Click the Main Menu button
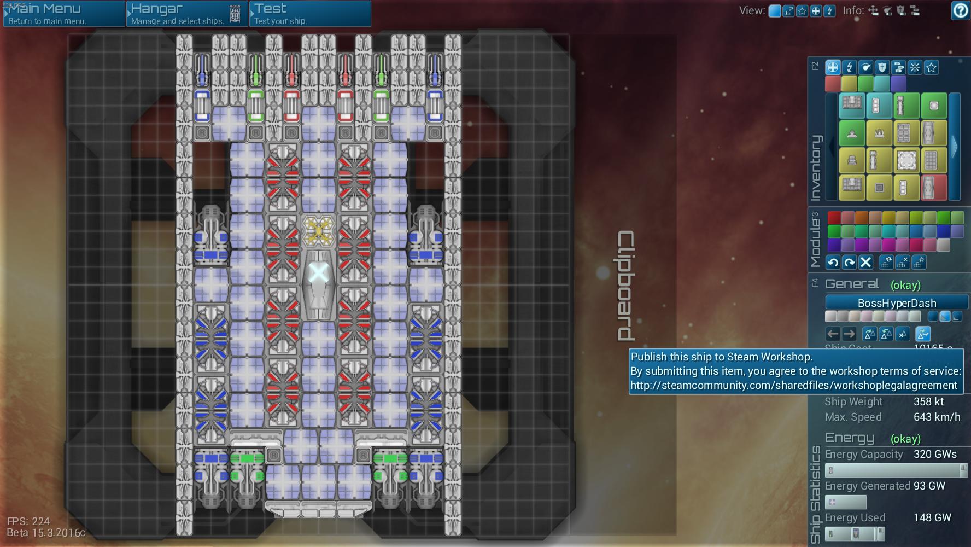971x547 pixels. coord(63,14)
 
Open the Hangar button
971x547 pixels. coord(186,14)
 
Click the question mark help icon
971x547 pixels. coord(961,11)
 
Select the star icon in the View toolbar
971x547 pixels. coord(802,11)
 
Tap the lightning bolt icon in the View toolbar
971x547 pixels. coord(829,11)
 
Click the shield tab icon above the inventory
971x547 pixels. coord(882,67)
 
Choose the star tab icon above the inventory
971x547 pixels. coord(931,67)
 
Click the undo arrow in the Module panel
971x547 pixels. coord(833,263)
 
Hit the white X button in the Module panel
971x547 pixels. coord(865,263)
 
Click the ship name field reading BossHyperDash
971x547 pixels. coord(897,302)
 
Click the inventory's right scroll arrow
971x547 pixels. coord(955,147)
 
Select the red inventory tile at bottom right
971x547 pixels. coord(934,188)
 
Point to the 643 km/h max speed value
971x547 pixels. coord(937,417)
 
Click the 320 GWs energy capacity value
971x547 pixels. coord(935,454)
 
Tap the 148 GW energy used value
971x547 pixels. coord(932,517)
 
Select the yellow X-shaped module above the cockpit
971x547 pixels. coord(318,231)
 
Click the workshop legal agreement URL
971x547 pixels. coord(793,385)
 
